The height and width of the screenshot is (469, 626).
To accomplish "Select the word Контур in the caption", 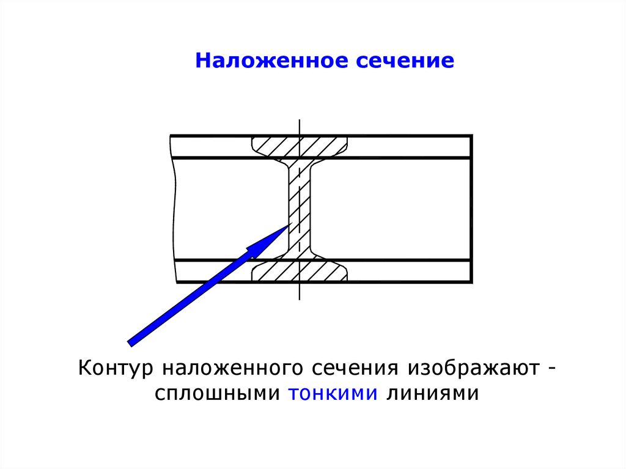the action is coord(116,369).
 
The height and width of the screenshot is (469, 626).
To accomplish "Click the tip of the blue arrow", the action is coord(288,226).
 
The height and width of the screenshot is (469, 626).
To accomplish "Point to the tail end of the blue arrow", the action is coord(130,342).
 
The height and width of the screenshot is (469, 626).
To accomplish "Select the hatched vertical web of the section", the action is coord(299,208).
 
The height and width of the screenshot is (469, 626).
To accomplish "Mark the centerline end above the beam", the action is coord(300,120).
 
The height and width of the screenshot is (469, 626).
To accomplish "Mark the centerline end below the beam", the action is coord(300,300).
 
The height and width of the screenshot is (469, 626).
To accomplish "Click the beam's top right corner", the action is coord(472,135).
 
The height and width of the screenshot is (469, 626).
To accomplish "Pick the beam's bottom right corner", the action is coord(472,283).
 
